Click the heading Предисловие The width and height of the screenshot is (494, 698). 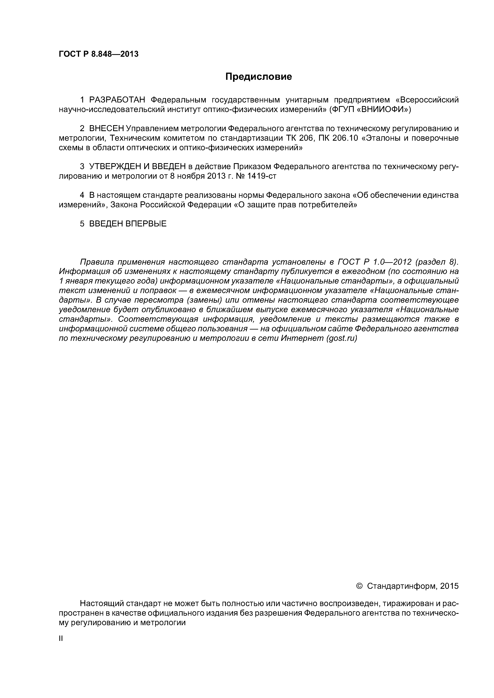258,77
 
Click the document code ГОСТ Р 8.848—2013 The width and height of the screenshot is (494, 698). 98,54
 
